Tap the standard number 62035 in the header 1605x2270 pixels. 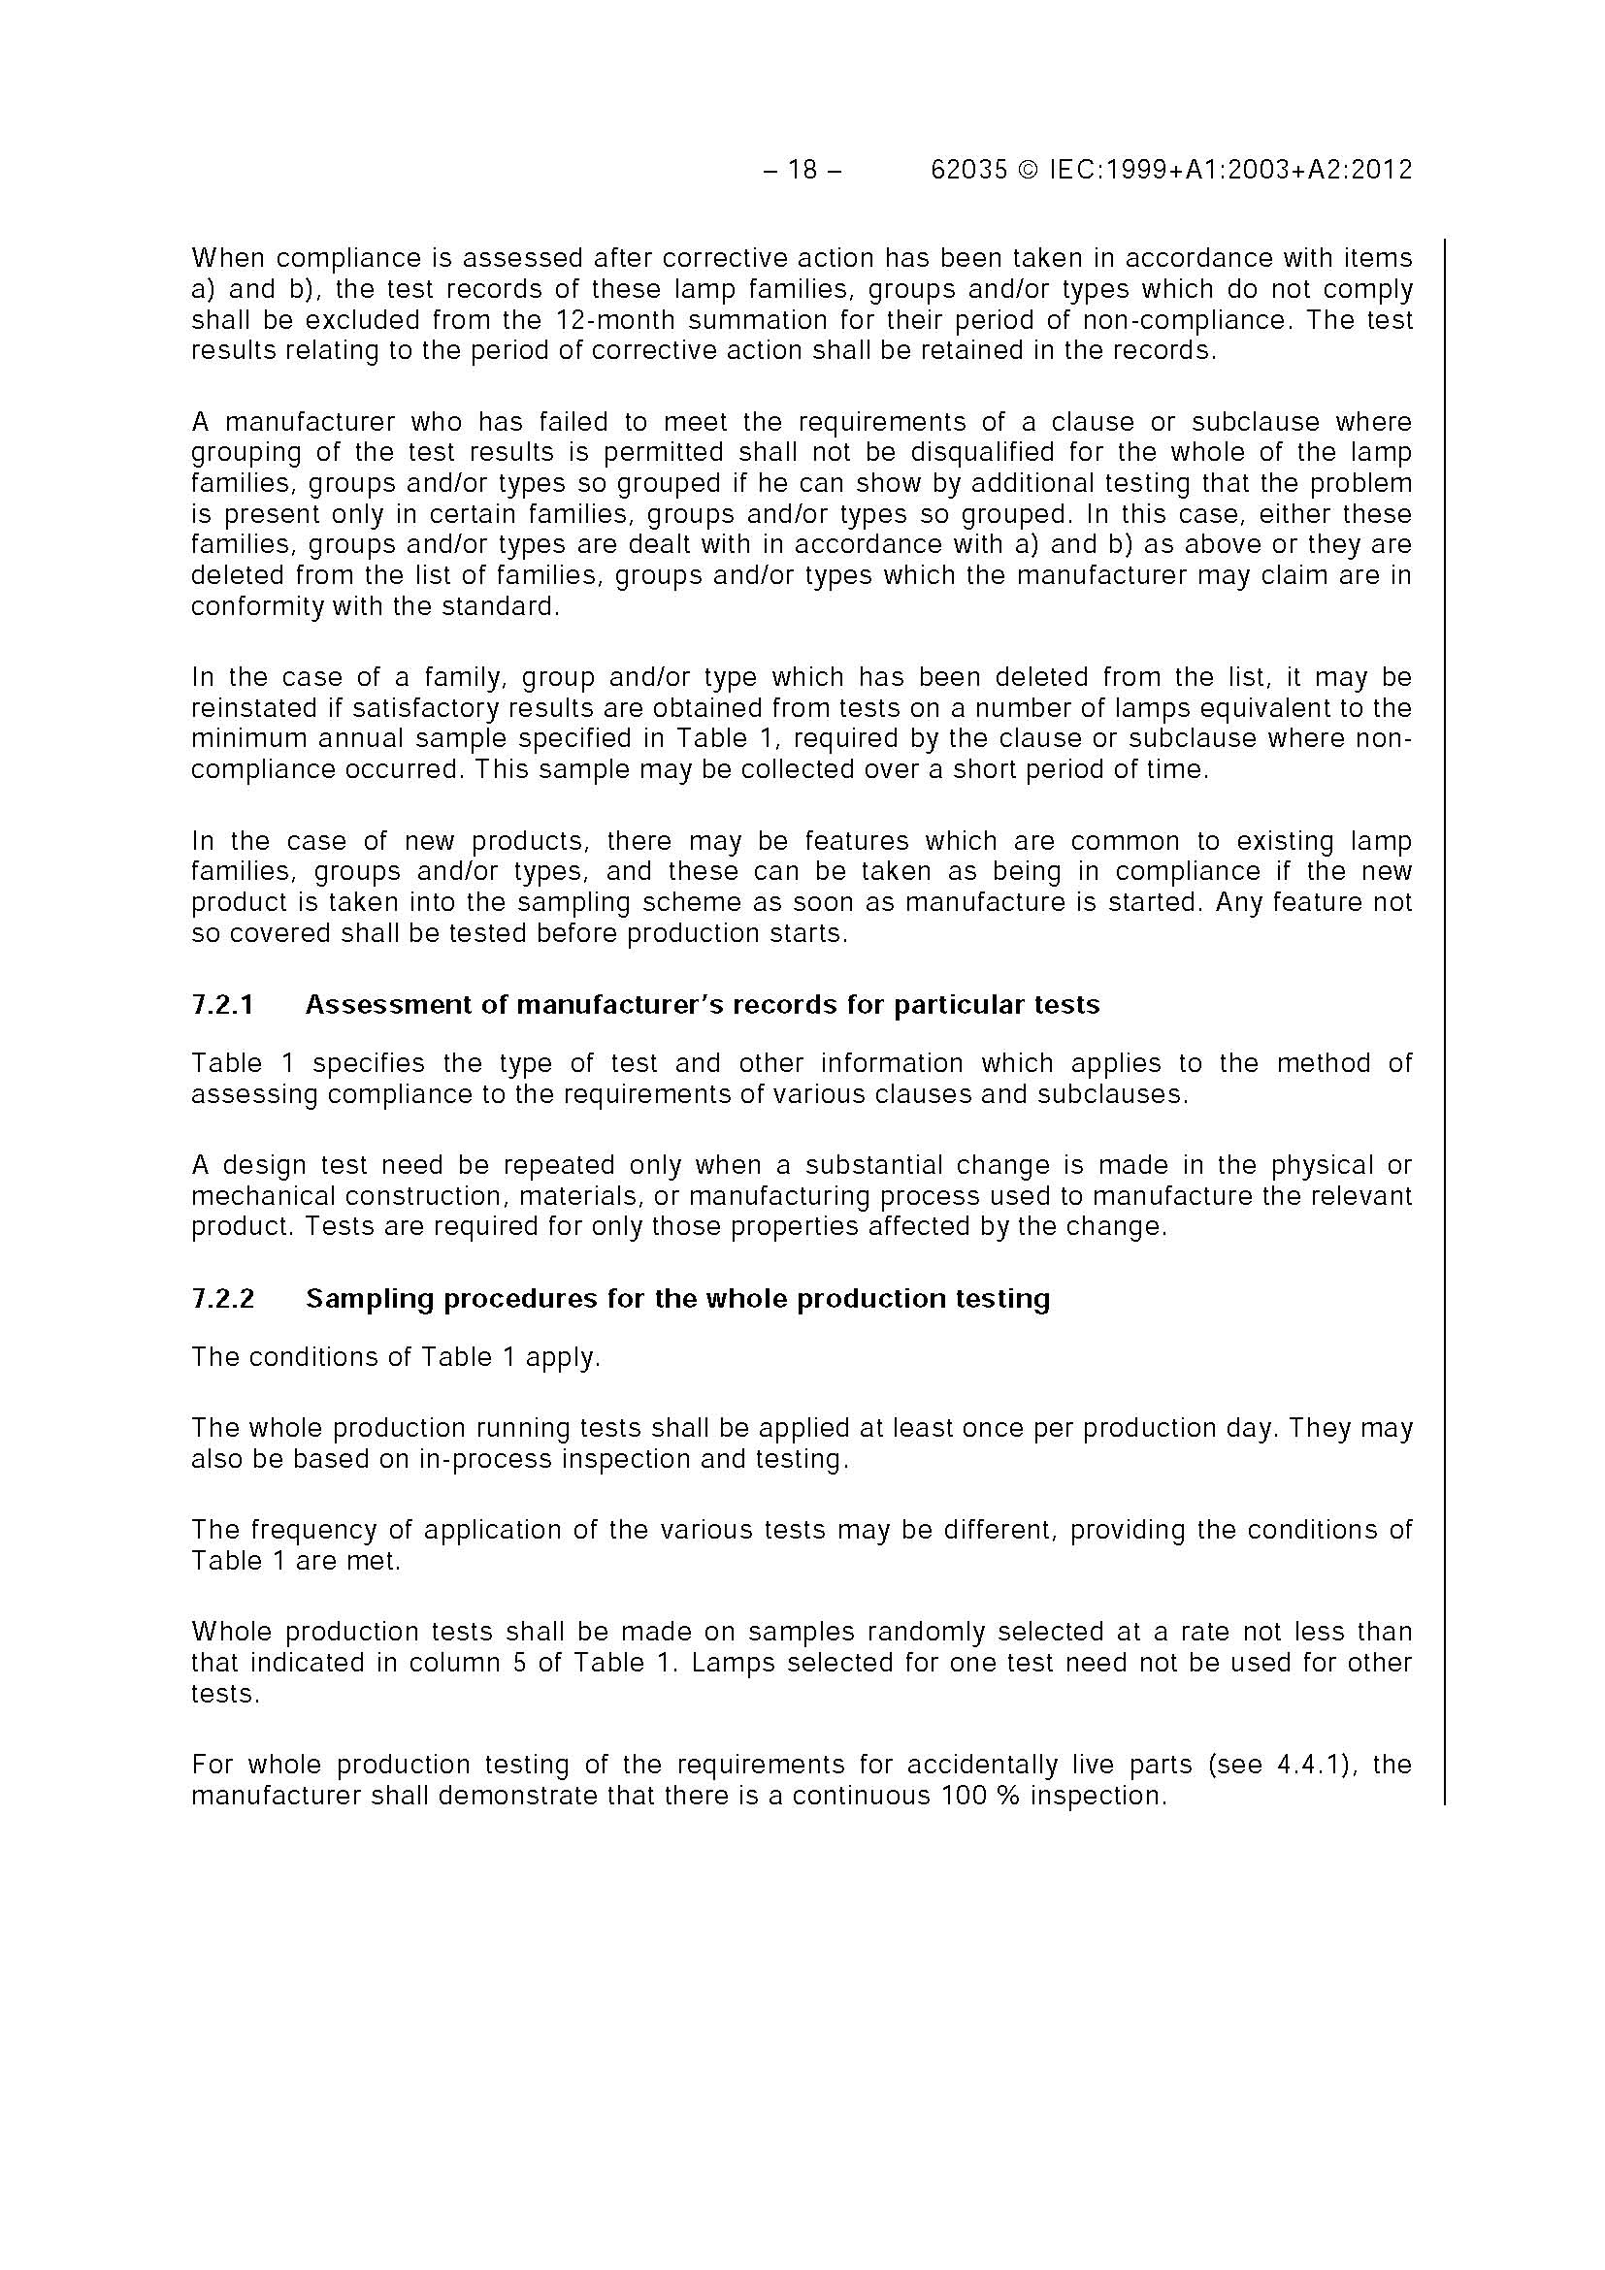pos(969,170)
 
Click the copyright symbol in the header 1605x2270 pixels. pos(1029,170)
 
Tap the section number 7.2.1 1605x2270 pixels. pos(222,1004)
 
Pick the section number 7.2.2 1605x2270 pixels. pos(222,1298)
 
